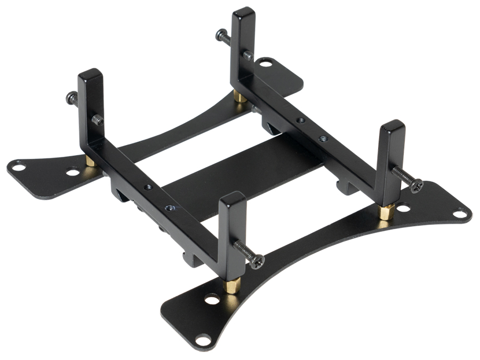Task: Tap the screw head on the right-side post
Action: [x=416, y=186]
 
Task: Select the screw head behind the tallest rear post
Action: [x=221, y=36]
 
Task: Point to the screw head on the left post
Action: [x=71, y=98]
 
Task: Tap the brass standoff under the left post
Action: [x=91, y=161]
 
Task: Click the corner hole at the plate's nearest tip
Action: [x=202, y=339]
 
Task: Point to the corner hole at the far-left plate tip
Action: [x=19, y=167]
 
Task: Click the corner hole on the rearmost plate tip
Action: [x=266, y=65]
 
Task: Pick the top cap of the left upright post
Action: [x=90, y=74]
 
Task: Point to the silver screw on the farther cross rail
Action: [x=323, y=139]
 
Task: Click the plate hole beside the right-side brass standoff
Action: [x=403, y=207]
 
